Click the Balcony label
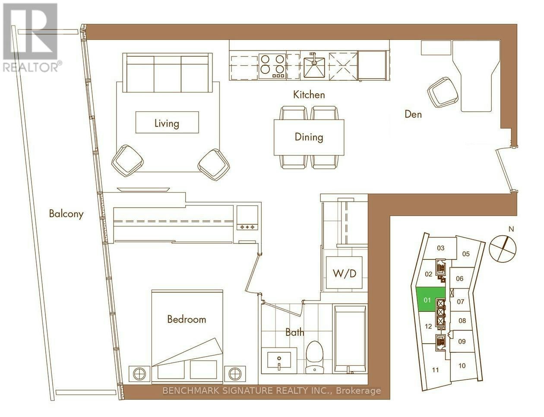coord(66,214)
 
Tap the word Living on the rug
coord(167,123)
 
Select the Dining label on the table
coord(309,137)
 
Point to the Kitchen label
coord(309,95)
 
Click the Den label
coord(413,114)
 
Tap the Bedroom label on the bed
coord(187,319)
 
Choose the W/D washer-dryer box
coord(344,272)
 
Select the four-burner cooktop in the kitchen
coord(272,66)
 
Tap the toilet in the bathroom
coord(315,358)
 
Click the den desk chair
coord(443,92)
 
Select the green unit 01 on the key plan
coord(427,300)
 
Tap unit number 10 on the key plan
coord(462,366)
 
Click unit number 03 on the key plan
coord(441,248)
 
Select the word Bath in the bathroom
coord(295,333)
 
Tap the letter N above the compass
coord(512,229)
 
